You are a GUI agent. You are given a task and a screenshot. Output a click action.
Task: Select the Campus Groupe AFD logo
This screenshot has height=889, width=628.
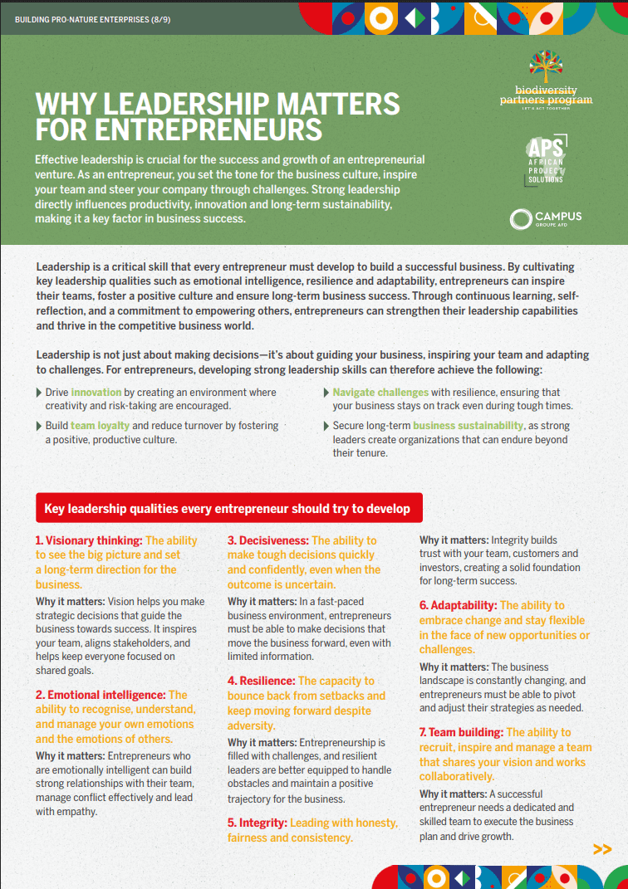pos(546,218)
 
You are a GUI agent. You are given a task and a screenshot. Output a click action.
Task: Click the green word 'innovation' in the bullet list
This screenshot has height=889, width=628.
pos(96,392)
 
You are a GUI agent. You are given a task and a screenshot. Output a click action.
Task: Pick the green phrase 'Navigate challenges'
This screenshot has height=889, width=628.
pos(380,392)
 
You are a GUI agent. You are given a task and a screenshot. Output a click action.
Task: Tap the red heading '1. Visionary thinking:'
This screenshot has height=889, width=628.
pos(89,540)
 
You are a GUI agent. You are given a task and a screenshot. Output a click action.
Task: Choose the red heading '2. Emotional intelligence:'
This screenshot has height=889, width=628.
pos(100,695)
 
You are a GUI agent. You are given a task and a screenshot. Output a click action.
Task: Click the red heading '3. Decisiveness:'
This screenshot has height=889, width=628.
pos(268,540)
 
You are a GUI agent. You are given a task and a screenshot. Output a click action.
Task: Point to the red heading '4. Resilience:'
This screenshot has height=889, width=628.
pos(261,681)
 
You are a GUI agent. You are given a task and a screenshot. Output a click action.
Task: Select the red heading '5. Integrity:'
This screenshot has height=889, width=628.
pos(258,823)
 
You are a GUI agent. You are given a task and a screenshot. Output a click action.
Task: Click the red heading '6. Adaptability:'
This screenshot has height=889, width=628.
pos(458,605)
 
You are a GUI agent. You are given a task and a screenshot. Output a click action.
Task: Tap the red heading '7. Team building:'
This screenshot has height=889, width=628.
pos(461,732)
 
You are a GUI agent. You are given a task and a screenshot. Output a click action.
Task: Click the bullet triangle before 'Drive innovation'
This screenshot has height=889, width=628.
pos(38,392)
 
